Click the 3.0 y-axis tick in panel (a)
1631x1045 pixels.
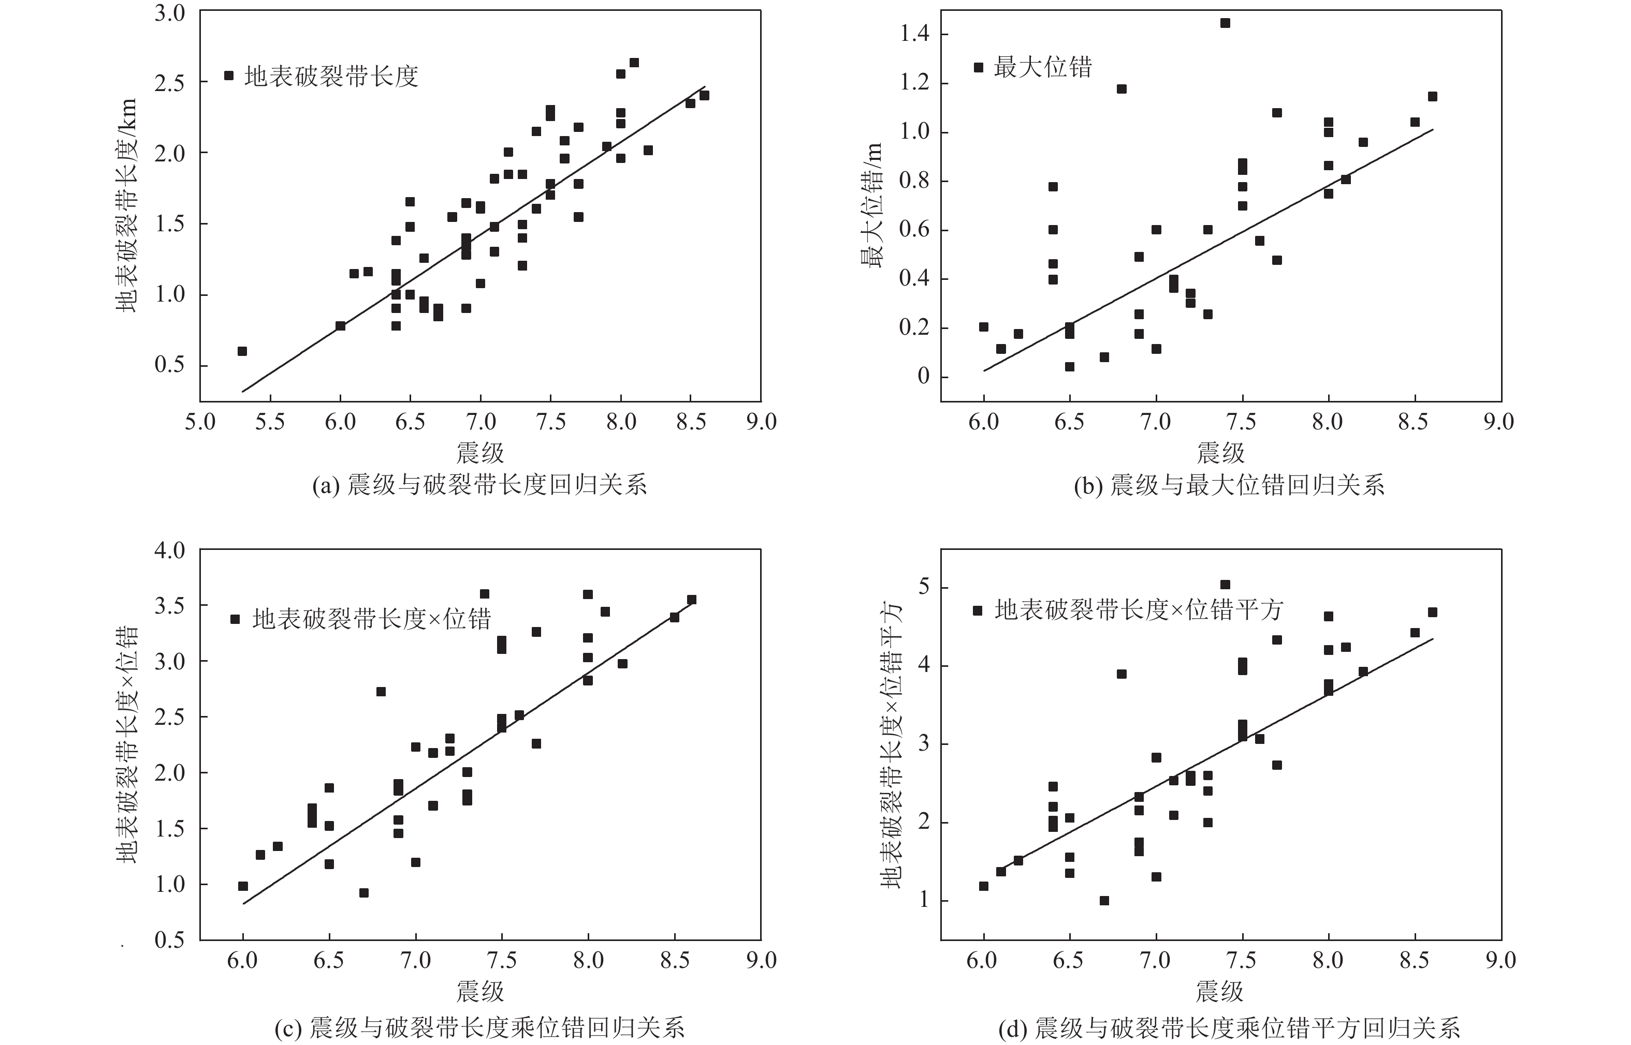170,13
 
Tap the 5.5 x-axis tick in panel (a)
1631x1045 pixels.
270,422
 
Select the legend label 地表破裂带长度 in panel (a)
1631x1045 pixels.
331,76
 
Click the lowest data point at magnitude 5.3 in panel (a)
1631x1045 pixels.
242,351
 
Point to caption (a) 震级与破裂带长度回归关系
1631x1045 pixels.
479,485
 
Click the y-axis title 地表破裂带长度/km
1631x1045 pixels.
127,205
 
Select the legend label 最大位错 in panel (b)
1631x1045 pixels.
1042,67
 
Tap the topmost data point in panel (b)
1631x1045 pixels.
1225,23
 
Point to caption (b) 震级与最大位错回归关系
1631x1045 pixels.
1229,485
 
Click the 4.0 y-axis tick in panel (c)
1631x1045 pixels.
170,550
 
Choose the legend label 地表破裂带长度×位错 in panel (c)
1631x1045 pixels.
371,619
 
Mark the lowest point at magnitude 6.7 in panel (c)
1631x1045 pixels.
364,892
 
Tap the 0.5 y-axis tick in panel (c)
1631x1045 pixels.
170,940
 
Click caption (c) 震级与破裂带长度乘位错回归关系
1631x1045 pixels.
479,1028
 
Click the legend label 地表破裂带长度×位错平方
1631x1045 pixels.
1138,610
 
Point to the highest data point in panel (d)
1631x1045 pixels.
1225,584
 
